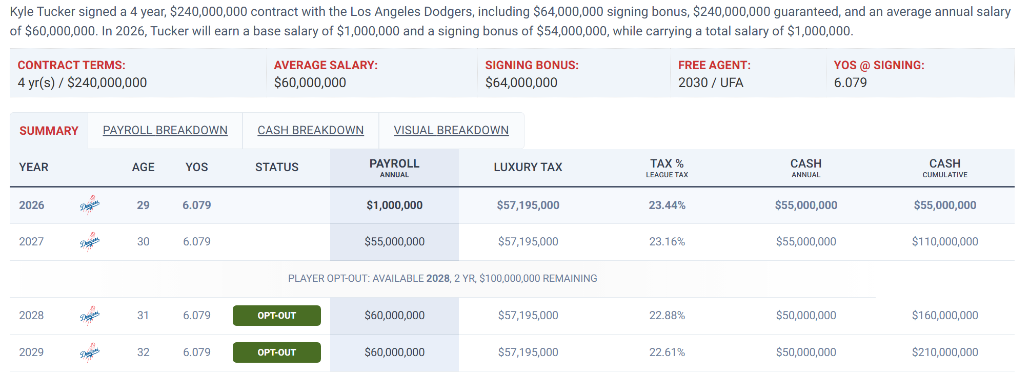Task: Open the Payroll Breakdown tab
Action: point(165,131)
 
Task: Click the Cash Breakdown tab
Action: point(311,131)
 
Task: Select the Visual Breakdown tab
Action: point(451,131)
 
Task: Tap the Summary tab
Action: point(49,131)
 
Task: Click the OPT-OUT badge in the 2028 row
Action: point(277,316)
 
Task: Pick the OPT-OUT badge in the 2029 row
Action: point(277,352)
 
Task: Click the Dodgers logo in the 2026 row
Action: point(90,205)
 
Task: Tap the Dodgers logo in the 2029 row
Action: point(90,352)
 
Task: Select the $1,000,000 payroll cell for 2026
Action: point(395,205)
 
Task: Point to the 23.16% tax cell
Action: point(667,242)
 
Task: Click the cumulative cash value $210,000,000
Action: point(945,352)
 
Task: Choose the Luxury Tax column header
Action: point(528,167)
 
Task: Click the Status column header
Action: point(277,167)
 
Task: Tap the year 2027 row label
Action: point(31,242)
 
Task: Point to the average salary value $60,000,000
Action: point(310,82)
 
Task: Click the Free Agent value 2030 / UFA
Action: point(711,82)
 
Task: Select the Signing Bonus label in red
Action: point(532,65)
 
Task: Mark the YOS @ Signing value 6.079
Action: point(850,82)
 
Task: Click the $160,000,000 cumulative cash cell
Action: point(945,316)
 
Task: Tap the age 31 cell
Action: point(143,316)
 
